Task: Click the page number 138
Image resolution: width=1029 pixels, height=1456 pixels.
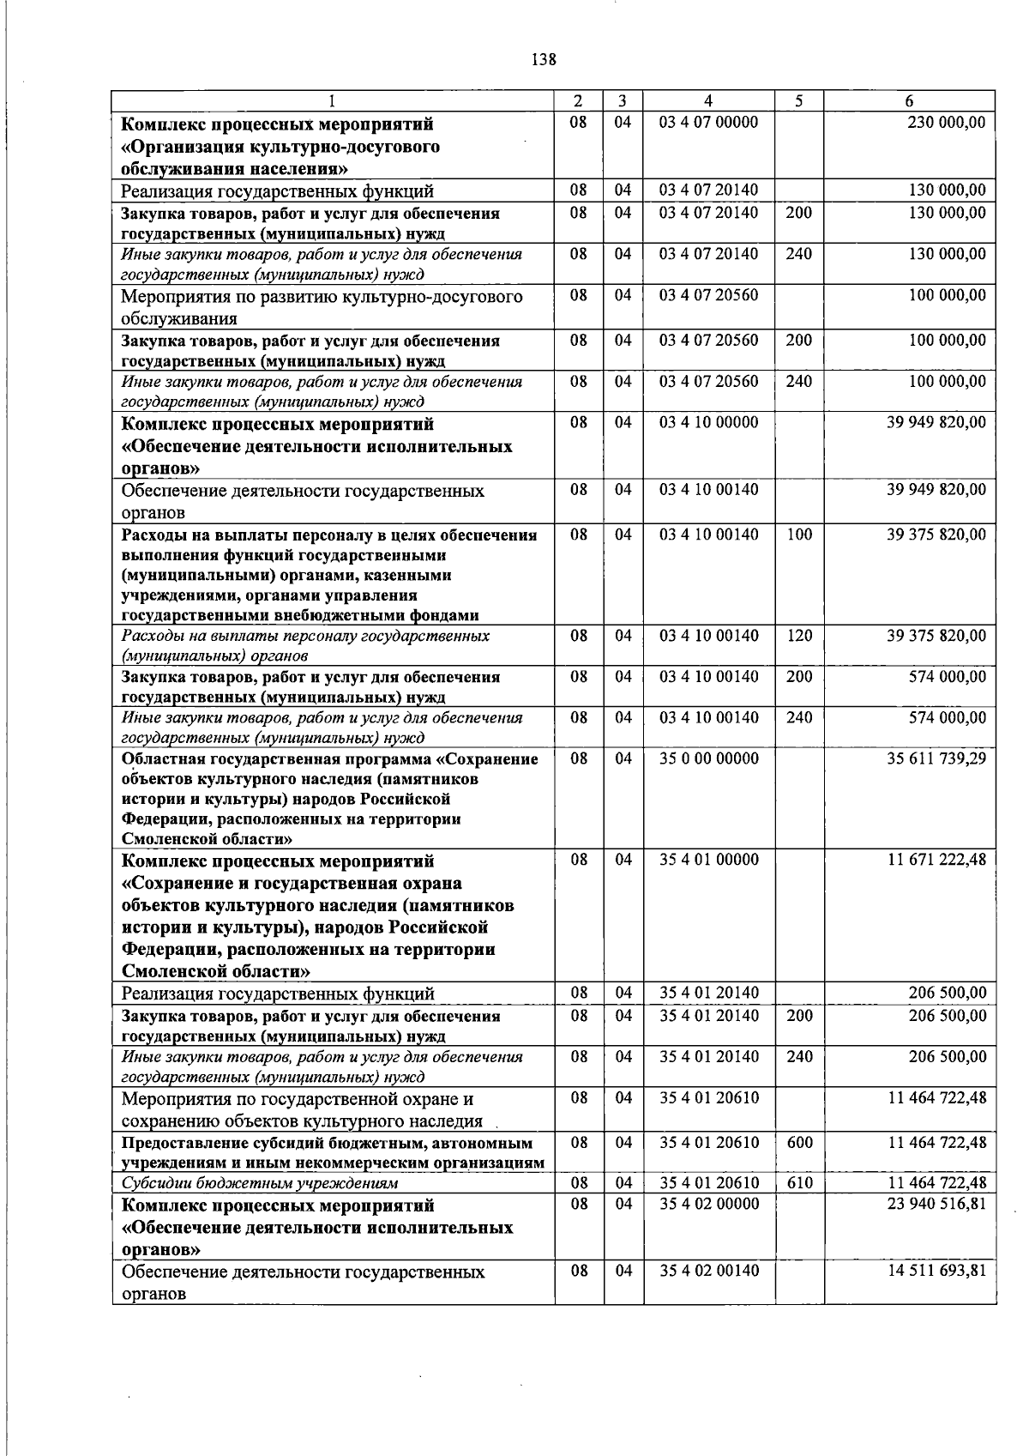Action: tap(544, 59)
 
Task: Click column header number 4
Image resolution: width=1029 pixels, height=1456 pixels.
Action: tap(708, 100)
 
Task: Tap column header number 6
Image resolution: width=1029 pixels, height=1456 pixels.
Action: tap(909, 100)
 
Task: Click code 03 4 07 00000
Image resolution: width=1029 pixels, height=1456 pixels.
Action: tap(708, 123)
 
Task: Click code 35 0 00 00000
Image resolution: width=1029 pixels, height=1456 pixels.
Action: tap(708, 758)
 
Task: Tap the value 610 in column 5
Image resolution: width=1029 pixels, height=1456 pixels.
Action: tap(799, 1183)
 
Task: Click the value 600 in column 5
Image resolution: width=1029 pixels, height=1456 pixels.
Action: tap(799, 1143)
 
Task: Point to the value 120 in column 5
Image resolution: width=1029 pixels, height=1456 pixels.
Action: tap(799, 636)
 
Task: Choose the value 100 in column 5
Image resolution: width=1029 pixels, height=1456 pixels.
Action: tap(799, 535)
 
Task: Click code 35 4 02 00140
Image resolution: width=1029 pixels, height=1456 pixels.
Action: tap(708, 1271)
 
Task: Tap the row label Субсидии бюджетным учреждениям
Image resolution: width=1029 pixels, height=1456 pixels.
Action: tap(260, 1184)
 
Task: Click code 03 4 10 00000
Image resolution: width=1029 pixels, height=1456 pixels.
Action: tap(708, 423)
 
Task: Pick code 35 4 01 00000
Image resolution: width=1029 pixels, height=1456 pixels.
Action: tap(708, 860)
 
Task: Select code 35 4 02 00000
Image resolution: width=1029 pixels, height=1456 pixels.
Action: tap(708, 1204)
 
